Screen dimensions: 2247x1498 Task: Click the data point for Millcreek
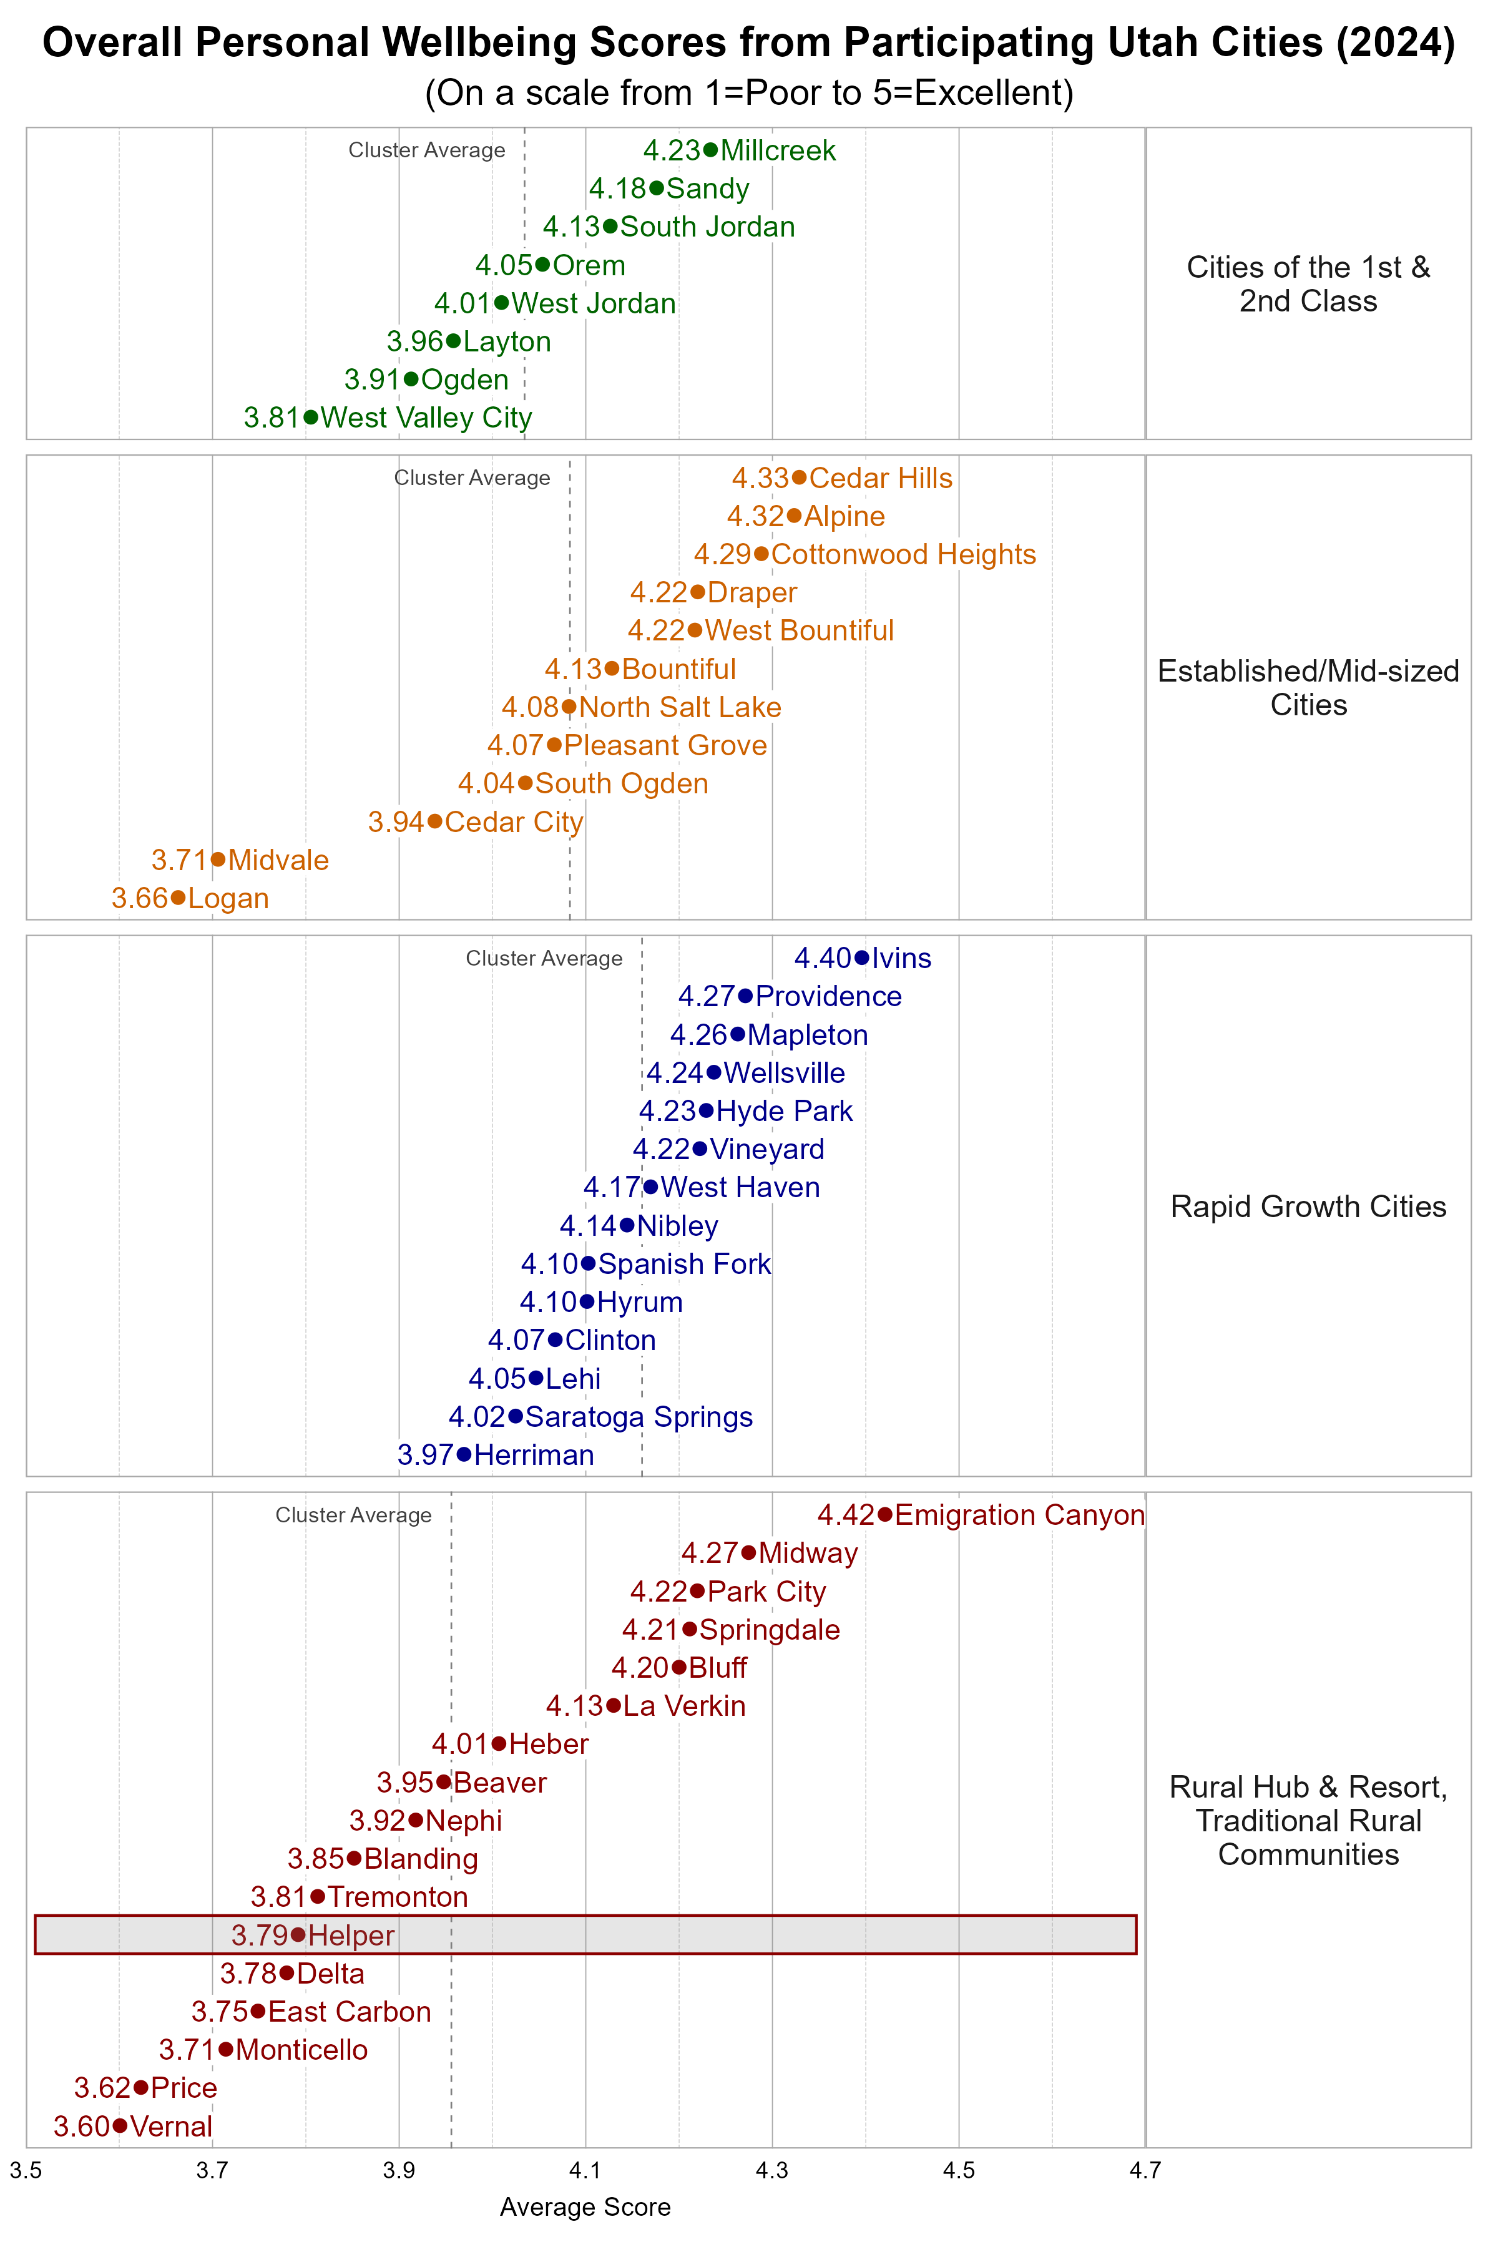click(x=710, y=150)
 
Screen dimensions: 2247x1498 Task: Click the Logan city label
click(x=228, y=898)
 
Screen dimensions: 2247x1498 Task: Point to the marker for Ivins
click(x=862, y=957)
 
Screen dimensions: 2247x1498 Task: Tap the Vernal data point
click(x=119, y=2126)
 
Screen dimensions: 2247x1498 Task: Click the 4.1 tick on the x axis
click(x=585, y=2171)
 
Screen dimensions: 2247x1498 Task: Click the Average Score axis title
click(x=585, y=2207)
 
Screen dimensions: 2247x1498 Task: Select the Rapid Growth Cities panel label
click(x=1308, y=1207)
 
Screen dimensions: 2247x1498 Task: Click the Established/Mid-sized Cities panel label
click(x=1308, y=688)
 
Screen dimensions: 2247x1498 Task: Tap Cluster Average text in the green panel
click(x=427, y=150)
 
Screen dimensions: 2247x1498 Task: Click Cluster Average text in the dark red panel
click(x=353, y=1515)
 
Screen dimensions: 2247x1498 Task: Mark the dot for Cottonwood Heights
click(x=761, y=554)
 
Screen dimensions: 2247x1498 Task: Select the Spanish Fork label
click(x=684, y=1264)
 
